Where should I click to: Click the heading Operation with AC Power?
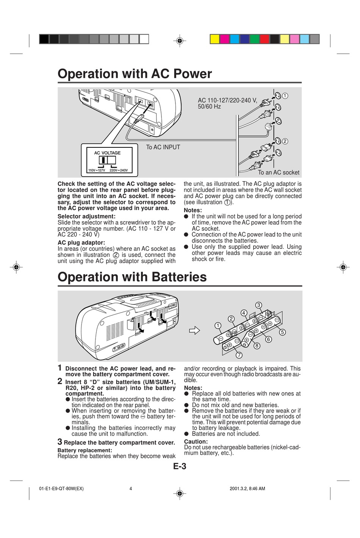(135, 74)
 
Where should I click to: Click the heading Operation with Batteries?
(132, 277)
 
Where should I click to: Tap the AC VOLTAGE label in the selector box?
(107, 153)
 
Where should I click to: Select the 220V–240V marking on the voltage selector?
(119, 170)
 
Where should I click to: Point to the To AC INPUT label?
(163, 147)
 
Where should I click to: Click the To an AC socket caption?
(279, 172)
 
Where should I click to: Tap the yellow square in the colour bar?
(214, 39)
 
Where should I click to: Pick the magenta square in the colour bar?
(224, 39)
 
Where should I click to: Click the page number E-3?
(180, 466)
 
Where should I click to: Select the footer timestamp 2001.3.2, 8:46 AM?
(247, 489)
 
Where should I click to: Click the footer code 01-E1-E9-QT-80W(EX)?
(61, 489)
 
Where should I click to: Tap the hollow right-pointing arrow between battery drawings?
(194, 331)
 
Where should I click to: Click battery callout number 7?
(239, 355)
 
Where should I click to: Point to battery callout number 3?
(258, 305)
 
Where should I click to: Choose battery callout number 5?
(282, 332)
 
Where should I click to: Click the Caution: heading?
(196, 442)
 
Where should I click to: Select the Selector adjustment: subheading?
(86, 217)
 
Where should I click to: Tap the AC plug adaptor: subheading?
(81, 243)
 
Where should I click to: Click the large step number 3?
(60, 442)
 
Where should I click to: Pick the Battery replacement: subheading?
(85, 450)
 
